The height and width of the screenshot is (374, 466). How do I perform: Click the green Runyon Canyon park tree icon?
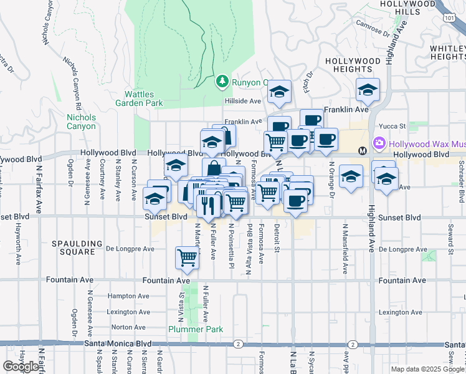pos(222,82)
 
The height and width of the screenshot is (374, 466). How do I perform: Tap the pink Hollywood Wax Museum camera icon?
pos(379,144)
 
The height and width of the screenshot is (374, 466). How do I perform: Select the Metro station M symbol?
pos(362,151)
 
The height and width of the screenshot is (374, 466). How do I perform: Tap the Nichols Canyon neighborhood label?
pos(81,122)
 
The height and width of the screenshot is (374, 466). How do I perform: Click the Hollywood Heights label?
pos(353,65)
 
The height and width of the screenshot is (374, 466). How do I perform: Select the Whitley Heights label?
pos(447,52)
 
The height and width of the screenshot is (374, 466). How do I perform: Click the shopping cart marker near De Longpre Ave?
pos(187,257)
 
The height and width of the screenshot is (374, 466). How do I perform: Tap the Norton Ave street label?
pos(128,327)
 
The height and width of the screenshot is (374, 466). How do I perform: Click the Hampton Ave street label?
pos(128,296)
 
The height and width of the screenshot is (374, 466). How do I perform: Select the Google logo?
pos(21,367)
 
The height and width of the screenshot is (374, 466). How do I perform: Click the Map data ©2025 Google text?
pos(427,369)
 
